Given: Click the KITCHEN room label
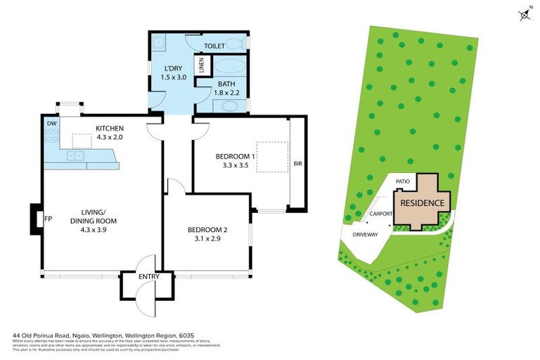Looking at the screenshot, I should [x=110, y=128].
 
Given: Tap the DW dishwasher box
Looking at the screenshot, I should [x=51, y=124].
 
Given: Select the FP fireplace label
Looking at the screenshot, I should [x=48, y=219].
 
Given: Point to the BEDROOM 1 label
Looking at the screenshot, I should [x=235, y=157].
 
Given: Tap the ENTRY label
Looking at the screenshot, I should [x=149, y=276].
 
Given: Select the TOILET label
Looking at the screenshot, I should [x=214, y=46].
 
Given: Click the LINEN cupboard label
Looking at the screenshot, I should [x=202, y=67].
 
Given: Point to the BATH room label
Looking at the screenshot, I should [x=226, y=84].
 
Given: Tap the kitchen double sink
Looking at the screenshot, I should [x=74, y=155].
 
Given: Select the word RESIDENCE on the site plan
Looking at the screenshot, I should [x=423, y=202].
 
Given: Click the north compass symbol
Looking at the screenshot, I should [x=524, y=14].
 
